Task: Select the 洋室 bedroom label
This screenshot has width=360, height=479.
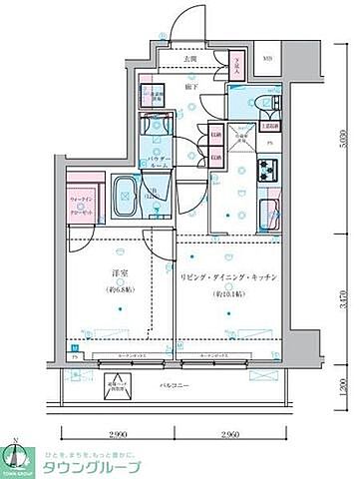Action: point(121,269)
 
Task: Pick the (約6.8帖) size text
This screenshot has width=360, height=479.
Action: point(121,290)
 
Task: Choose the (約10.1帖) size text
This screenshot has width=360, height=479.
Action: point(228,295)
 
